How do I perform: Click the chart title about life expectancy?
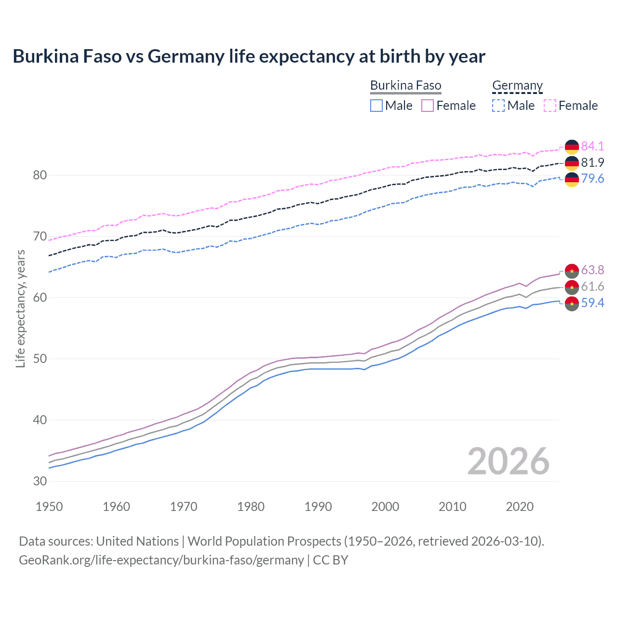pyautogui.click(x=249, y=56)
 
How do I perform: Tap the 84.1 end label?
pyautogui.click(x=592, y=146)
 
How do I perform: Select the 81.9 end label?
pyautogui.click(x=592, y=162)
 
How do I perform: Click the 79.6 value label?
pyautogui.click(x=592, y=178)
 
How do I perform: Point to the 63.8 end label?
pyautogui.click(x=592, y=270)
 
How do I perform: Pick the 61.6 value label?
pyautogui.click(x=592, y=286)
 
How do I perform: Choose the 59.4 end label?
pyautogui.click(x=592, y=303)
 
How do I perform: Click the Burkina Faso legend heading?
pyautogui.click(x=405, y=85)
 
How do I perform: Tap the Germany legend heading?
pyautogui.click(x=517, y=85)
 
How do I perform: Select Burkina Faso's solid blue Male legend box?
pyautogui.click(x=376, y=106)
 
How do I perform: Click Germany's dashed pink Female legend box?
pyautogui.click(x=550, y=106)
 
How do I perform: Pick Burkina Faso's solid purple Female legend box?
pyautogui.click(x=428, y=106)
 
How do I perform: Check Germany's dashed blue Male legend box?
pyautogui.click(x=498, y=106)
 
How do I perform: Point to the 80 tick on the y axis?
pyautogui.click(x=40, y=175)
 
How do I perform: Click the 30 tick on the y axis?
pyautogui.click(x=40, y=481)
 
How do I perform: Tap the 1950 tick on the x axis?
pyautogui.click(x=49, y=507)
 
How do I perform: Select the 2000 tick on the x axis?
pyautogui.click(x=385, y=507)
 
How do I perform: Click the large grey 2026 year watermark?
pyautogui.click(x=509, y=462)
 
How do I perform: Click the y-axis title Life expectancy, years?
pyautogui.click(x=20, y=308)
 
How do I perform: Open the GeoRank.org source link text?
pyautogui.click(x=161, y=560)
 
